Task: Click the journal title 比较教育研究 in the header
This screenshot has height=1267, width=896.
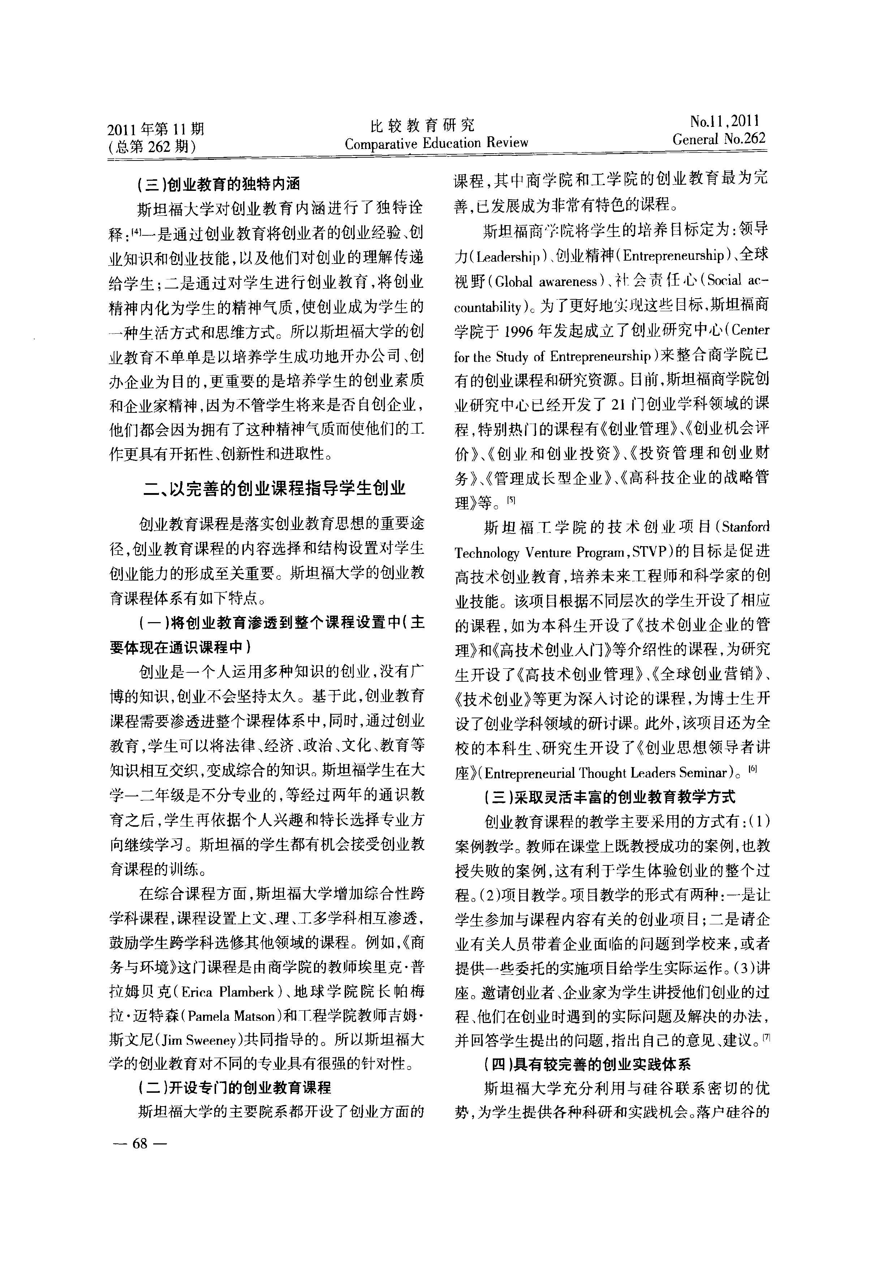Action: (422, 125)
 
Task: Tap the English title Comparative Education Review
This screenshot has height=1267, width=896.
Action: (436, 144)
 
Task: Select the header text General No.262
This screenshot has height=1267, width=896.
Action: (718, 139)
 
